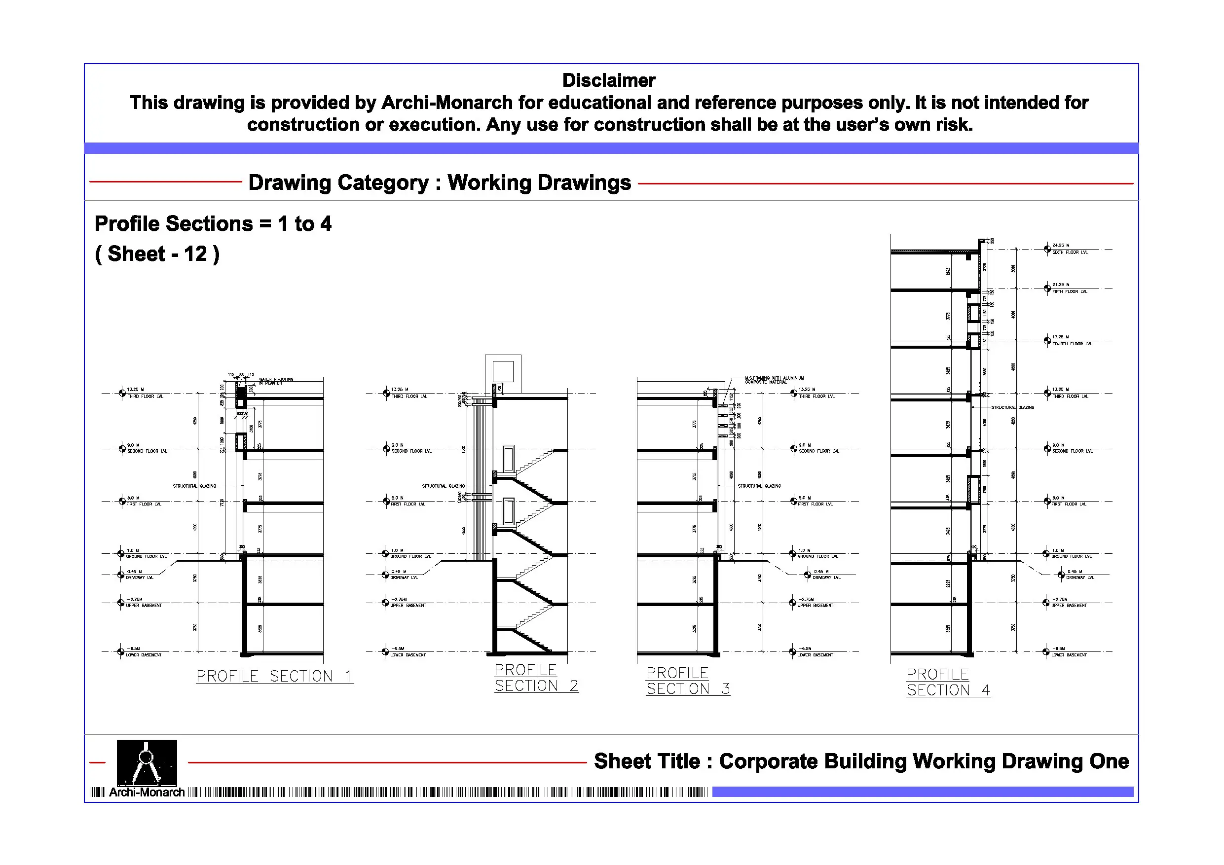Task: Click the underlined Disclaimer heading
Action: pyautogui.click(x=609, y=80)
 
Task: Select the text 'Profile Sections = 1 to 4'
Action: pyautogui.click(x=213, y=224)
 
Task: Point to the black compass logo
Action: pyautogui.click(x=147, y=762)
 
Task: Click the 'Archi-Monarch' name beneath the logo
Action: pyautogui.click(x=147, y=793)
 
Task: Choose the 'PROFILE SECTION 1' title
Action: pyautogui.click(x=274, y=676)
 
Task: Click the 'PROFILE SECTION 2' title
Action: pyautogui.click(x=536, y=679)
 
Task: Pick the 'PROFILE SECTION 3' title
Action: pyautogui.click(x=688, y=682)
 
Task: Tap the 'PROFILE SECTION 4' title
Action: pyautogui.click(x=948, y=683)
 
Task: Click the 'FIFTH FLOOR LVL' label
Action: pyautogui.click(x=1070, y=292)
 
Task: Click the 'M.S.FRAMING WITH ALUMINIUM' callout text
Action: pyautogui.click(x=774, y=378)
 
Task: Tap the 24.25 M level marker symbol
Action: pyautogui.click(x=1047, y=249)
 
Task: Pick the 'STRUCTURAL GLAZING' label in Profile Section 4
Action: pyautogui.click(x=1012, y=408)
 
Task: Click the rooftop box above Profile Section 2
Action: pyautogui.click(x=503, y=371)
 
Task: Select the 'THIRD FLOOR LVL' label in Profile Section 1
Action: pyautogui.click(x=145, y=396)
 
